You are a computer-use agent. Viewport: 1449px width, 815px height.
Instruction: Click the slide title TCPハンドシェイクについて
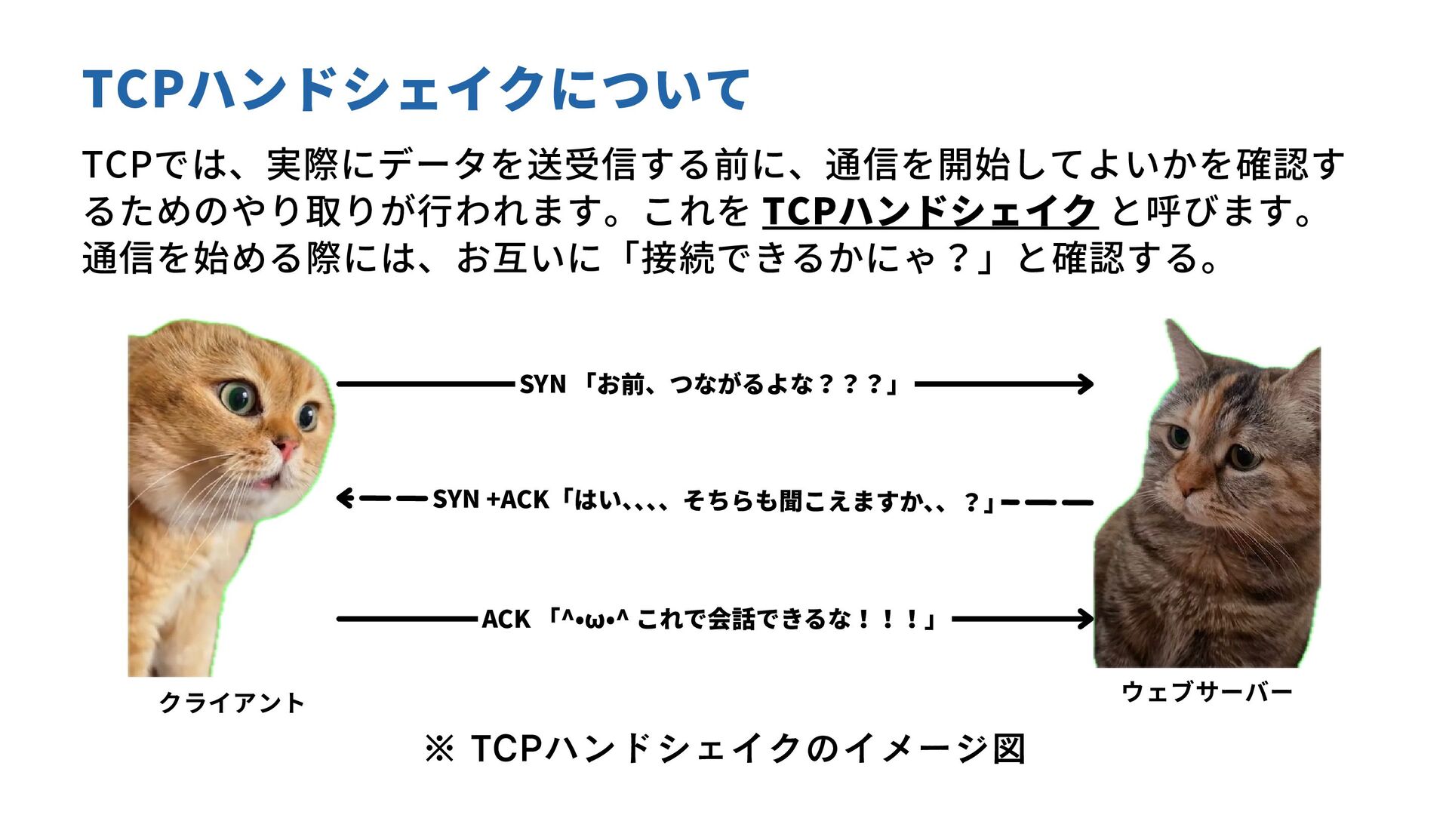[x=415, y=89]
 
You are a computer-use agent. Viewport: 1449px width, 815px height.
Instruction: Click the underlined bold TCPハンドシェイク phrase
[x=930, y=211]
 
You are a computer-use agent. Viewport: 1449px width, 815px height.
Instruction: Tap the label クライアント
[x=232, y=703]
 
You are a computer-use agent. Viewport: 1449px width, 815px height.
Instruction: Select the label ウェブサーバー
[x=1207, y=691]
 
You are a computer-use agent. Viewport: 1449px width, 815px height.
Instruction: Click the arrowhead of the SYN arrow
[x=1087, y=384]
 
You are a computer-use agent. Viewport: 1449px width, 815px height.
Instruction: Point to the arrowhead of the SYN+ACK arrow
[x=344, y=499]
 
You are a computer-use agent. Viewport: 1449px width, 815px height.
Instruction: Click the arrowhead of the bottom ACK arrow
[x=1087, y=620]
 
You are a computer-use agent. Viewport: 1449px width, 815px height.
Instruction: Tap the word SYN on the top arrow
[x=542, y=385]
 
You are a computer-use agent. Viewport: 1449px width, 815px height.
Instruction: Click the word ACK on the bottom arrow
[x=506, y=620]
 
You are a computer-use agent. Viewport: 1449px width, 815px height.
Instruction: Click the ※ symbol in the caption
[x=439, y=749]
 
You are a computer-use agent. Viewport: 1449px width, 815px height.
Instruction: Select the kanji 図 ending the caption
[x=1009, y=749]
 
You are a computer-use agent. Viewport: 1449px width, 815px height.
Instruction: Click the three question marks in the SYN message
[x=851, y=385]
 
